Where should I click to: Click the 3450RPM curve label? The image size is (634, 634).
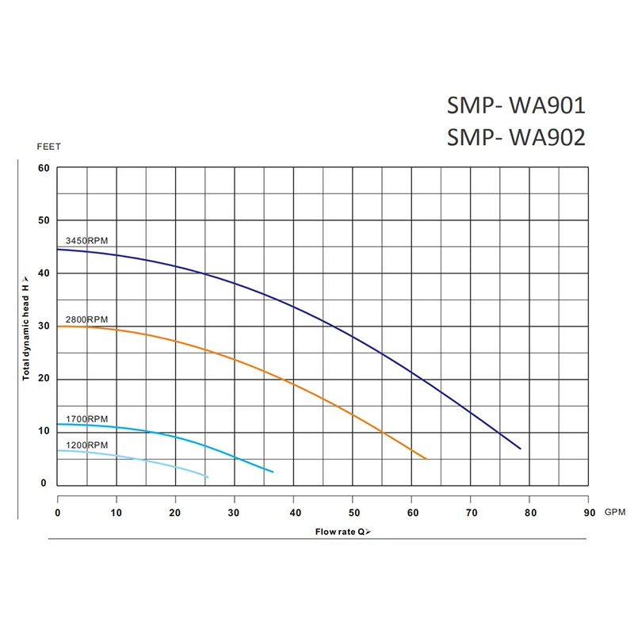(86, 240)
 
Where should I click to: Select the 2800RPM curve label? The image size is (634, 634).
(86, 319)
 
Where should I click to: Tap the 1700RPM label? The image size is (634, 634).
(86, 418)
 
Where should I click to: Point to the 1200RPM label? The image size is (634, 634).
(86, 445)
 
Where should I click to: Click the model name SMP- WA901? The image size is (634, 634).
(516, 106)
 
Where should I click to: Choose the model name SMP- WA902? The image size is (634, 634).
(516, 138)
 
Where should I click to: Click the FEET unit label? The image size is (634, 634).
(48, 147)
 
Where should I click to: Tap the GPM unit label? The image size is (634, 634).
(615, 513)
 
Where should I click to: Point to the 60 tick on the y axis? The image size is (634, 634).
(43, 168)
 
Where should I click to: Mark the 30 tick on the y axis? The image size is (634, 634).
(43, 326)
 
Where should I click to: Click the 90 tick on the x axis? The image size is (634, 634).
(587, 513)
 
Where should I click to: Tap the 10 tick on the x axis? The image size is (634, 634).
(116, 513)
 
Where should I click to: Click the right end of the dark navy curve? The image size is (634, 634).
(521, 449)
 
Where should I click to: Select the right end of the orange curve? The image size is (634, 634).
(426, 459)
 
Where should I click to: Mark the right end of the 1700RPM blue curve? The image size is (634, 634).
(273, 472)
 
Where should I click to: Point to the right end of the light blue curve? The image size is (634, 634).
(208, 477)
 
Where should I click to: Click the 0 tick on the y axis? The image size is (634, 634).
(44, 483)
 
